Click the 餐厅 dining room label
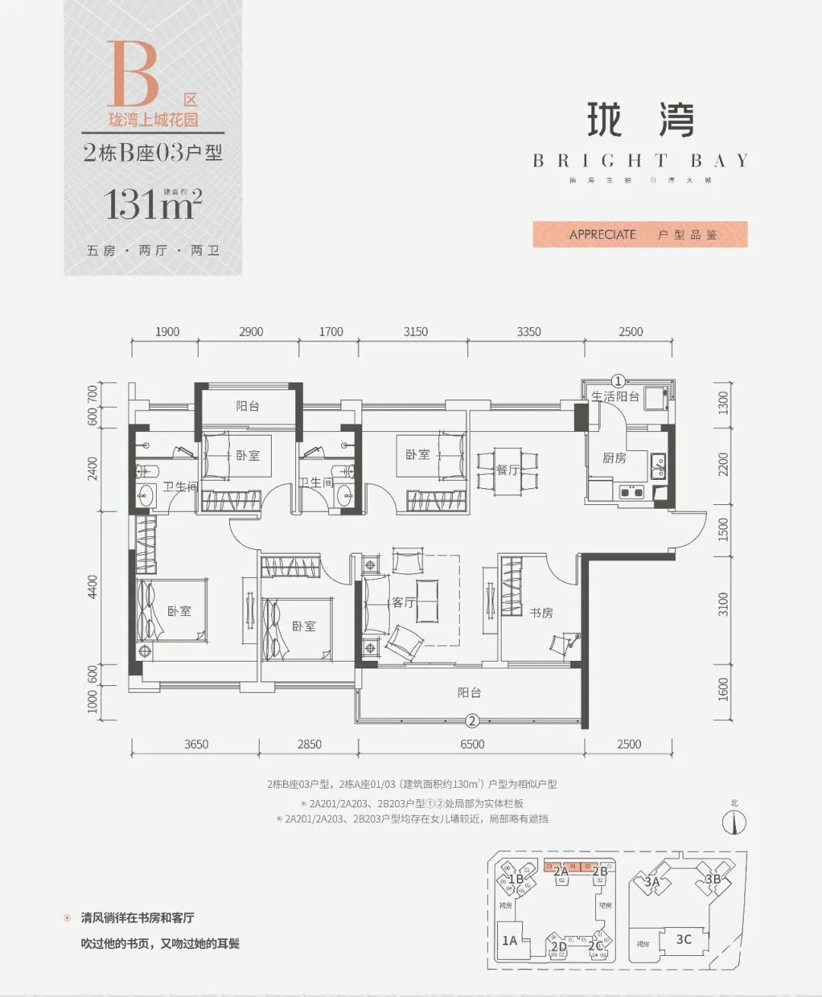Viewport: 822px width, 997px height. pyautogui.click(x=508, y=470)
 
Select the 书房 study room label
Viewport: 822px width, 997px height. pyautogui.click(x=541, y=612)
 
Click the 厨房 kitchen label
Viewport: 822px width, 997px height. pyautogui.click(x=614, y=458)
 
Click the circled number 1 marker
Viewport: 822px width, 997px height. pyautogui.click(x=619, y=380)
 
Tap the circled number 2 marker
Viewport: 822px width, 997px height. pyautogui.click(x=471, y=721)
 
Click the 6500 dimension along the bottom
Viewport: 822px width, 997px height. pyautogui.click(x=472, y=745)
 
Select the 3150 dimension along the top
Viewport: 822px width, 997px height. pyautogui.click(x=416, y=332)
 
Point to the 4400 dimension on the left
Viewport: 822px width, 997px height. pyautogui.click(x=93, y=586)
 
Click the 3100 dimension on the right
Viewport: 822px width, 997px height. pyautogui.click(x=723, y=605)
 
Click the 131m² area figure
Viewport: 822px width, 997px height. pyautogui.click(x=153, y=205)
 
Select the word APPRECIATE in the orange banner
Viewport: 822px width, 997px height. pyautogui.click(x=602, y=234)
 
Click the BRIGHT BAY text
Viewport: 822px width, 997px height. pyautogui.click(x=640, y=160)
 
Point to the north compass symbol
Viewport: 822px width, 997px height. pyautogui.click(x=734, y=822)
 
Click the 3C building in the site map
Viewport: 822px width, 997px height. pyautogui.click(x=683, y=939)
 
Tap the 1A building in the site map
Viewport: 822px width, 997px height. pyautogui.click(x=509, y=941)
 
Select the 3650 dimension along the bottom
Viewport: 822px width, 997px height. pyautogui.click(x=196, y=745)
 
